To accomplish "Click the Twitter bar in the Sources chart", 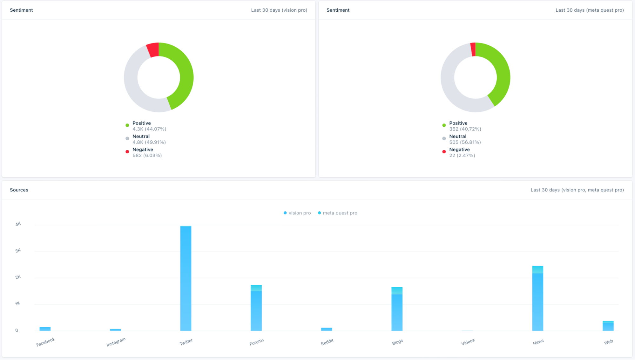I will (186, 278).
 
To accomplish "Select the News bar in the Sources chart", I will (537, 298).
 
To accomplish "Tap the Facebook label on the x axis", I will (45, 342).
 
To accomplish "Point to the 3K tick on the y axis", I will (18, 250).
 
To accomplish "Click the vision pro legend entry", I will (297, 213).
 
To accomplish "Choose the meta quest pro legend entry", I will (338, 213).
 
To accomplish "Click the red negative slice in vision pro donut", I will (153, 50).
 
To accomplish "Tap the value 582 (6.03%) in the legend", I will (147, 156).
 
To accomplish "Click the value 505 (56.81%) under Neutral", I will (465, 142).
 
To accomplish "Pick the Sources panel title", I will (19, 190).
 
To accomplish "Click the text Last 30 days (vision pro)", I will (279, 10).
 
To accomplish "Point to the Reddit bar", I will (326, 329).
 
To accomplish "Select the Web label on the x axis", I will (608, 342).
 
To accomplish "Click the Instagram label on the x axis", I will (116, 342).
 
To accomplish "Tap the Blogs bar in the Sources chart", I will (397, 310).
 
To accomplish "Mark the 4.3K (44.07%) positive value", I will (149, 129).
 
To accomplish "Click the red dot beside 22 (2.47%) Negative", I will (444, 152).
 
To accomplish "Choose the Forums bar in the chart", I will (256, 308).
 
